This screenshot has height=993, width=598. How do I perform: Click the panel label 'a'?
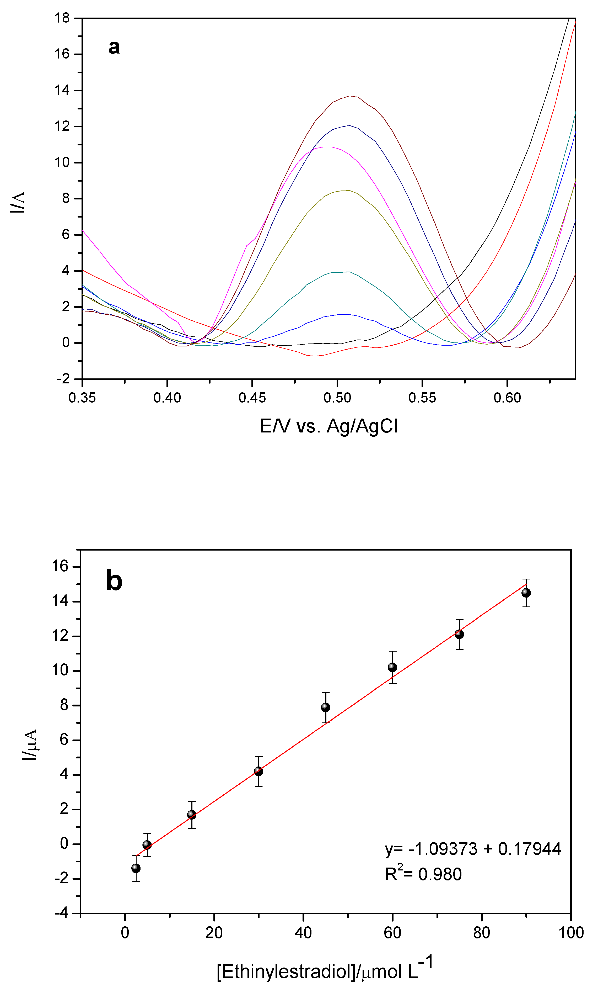(x=114, y=47)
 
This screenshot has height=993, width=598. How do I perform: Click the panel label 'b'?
(x=114, y=581)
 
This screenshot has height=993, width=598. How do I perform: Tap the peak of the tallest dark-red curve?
(x=350, y=96)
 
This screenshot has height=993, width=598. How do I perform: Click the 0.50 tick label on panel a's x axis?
(x=337, y=398)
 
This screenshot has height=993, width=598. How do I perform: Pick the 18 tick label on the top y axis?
(x=62, y=18)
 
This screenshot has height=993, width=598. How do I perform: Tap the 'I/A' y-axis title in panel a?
(x=18, y=202)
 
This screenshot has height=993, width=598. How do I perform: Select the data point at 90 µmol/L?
(x=526, y=593)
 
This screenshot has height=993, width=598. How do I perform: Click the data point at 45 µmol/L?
(x=325, y=707)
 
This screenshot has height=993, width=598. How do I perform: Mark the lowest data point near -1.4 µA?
(x=136, y=868)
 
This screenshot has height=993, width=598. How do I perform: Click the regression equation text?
(x=473, y=849)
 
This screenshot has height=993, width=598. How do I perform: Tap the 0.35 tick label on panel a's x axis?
(x=82, y=398)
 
